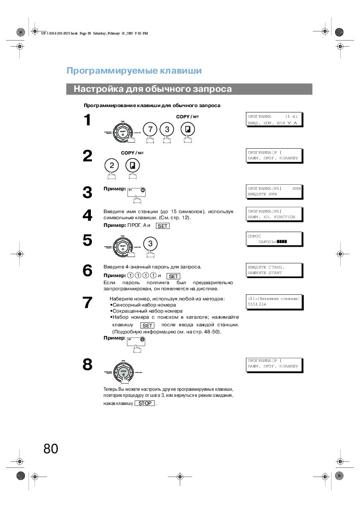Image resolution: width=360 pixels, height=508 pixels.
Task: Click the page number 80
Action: [x=51, y=449]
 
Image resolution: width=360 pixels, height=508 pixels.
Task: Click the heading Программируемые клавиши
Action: [x=134, y=71]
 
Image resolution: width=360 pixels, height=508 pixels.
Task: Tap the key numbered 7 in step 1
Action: [x=149, y=129]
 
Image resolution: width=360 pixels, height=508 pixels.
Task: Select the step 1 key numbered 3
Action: [x=167, y=129]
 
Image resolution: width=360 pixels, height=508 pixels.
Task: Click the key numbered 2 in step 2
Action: [x=112, y=165]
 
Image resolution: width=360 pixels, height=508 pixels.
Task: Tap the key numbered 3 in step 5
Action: [x=150, y=244]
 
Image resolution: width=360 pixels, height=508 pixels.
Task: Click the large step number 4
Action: [x=87, y=216]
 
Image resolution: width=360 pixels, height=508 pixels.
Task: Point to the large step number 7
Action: [x=87, y=303]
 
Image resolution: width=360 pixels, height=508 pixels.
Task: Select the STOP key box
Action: [x=145, y=403]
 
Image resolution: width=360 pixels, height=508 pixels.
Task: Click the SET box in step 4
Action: [x=162, y=226]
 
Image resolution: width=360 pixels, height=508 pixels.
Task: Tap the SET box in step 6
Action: [x=174, y=276]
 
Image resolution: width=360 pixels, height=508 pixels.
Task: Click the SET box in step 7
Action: [x=147, y=325]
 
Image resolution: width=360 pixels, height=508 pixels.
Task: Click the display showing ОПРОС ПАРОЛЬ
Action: [x=274, y=239]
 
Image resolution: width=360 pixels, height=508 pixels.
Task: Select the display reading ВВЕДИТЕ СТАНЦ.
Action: [x=274, y=270]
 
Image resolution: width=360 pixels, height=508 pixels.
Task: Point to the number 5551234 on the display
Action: [x=257, y=304]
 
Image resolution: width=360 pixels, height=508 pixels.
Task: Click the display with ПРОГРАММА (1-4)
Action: [x=274, y=120]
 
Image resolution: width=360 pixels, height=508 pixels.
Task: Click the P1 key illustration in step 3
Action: [x=137, y=191]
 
